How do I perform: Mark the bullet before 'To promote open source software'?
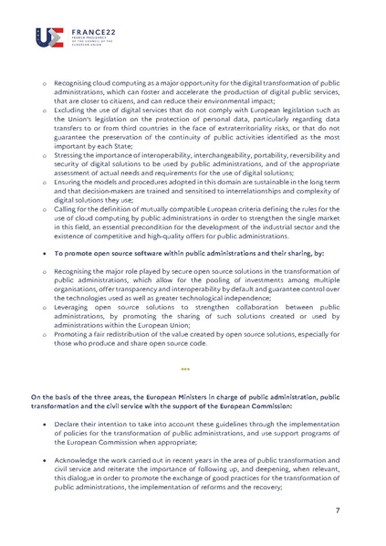click(x=35, y=250)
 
